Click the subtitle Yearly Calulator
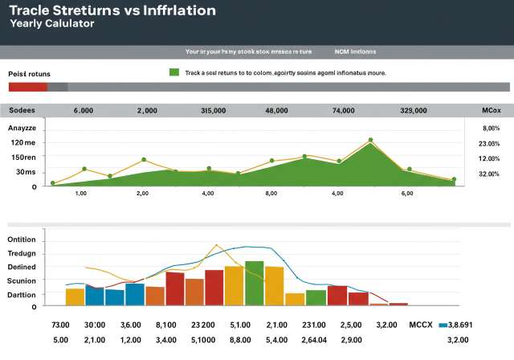(x=52, y=24)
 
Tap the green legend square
(x=173, y=72)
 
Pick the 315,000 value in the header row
(x=213, y=112)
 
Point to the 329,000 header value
(x=413, y=112)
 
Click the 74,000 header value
(x=343, y=112)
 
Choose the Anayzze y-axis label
(x=22, y=128)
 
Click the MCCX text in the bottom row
(x=421, y=325)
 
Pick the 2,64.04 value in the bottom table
(x=312, y=341)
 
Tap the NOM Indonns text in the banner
(x=355, y=51)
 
